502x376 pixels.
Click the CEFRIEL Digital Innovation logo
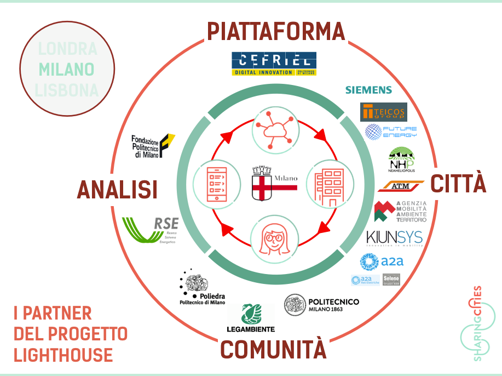274,64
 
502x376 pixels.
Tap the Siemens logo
368,90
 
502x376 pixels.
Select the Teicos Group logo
383,112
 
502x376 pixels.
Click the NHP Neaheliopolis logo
401,159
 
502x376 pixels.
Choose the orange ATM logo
401,186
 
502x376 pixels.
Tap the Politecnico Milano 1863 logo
322,304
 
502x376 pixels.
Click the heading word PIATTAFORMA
276,31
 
